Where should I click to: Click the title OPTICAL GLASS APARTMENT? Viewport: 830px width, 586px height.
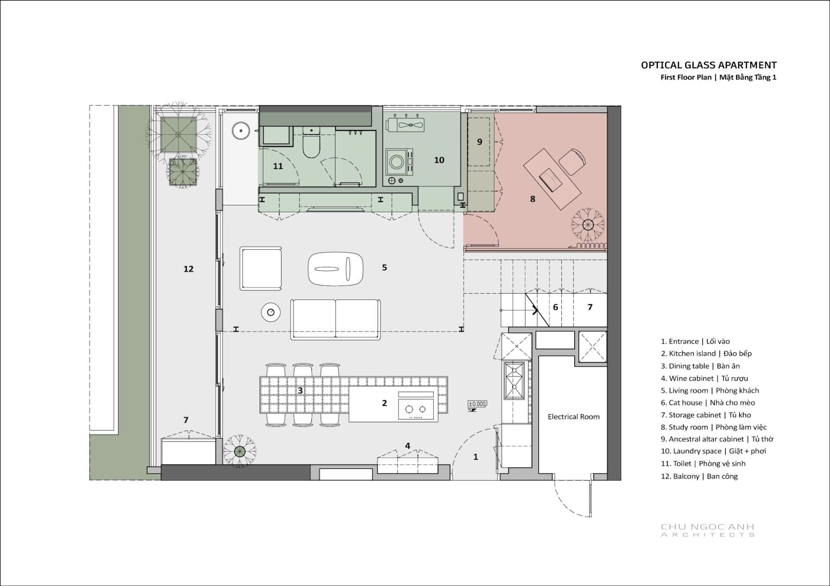click(x=709, y=65)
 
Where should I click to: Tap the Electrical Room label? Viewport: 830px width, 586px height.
click(x=574, y=417)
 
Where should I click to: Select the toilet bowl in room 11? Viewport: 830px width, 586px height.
click(x=311, y=142)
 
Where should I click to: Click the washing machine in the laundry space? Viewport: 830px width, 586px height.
click(x=399, y=162)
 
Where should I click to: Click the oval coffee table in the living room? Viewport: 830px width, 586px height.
click(x=335, y=269)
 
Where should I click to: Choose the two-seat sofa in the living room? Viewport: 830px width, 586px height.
click(x=335, y=320)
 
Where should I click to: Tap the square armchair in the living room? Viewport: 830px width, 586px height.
click(x=260, y=268)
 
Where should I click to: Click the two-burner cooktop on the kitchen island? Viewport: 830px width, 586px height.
click(x=416, y=408)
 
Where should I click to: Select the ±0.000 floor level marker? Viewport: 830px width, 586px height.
click(x=477, y=404)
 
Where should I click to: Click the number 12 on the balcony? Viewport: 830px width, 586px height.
click(x=188, y=269)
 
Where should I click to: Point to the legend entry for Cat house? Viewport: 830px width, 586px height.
click(x=708, y=403)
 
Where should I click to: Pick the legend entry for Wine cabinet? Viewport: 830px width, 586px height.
click(x=704, y=378)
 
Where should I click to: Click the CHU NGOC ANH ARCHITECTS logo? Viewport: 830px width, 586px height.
click(x=708, y=530)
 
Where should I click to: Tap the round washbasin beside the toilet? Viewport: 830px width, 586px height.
click(x=241, y=131)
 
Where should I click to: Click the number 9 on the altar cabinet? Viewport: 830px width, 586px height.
click(x=479, y=142)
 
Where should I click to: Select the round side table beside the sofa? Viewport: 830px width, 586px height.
click(x=270, y=312)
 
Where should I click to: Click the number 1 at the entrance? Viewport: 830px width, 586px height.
click(x=475, y=457)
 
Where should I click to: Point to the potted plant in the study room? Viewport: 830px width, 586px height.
click(x=588, y=224)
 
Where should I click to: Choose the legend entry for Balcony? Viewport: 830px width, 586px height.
click(x=699, y=477)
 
